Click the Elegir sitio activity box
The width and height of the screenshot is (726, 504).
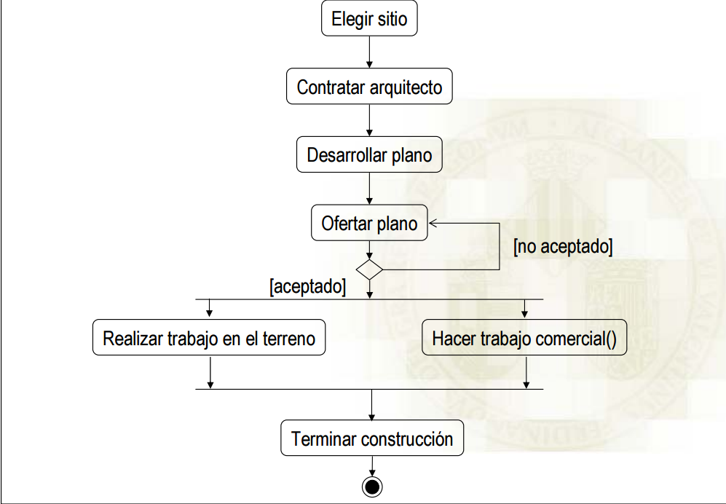[369, 20]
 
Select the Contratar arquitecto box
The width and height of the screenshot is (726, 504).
[369, 87]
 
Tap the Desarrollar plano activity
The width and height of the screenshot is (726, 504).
[369, 155]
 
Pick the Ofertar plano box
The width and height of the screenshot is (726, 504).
[369, 224]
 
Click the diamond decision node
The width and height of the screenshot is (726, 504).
[370, 269]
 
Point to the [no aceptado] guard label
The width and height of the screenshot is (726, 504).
[562, 246]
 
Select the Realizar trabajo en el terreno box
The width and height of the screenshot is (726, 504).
[209, 339]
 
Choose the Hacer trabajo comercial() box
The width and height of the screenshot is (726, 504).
[524, 339]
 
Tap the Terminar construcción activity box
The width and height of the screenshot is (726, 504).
[372, 439]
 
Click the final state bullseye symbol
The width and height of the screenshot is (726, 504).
[372, 486]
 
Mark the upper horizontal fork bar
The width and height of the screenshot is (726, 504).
[369, 299]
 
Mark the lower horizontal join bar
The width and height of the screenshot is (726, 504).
[369, 389]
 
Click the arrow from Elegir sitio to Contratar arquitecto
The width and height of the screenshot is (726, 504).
[370, 52]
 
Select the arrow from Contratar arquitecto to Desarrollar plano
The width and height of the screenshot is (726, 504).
[370, 120]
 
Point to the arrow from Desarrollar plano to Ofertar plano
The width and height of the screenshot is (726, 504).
[370, 188]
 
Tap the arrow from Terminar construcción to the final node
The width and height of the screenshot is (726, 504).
[372, 465]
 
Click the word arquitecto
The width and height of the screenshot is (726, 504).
[406, 88]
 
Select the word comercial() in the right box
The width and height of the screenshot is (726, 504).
[580, 339]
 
